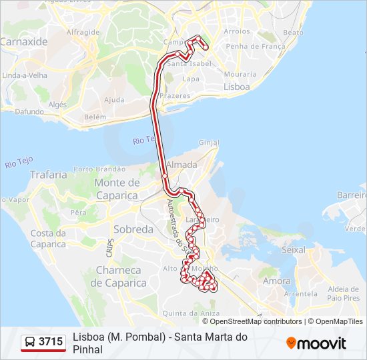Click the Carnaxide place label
(24, 41)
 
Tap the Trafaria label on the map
(48, 175)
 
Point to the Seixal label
(294, 249)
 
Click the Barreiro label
(352, 195)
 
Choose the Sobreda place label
(133, 229)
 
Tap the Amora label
(277, 281)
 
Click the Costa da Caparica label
(48, 239)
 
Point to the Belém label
(95, 117)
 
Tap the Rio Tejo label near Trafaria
(19, 161)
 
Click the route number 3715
(51, 342)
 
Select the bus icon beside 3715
(31, 342)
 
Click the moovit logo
(316, 343)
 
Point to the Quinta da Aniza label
(192, 313)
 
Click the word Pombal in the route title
(146, 337)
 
